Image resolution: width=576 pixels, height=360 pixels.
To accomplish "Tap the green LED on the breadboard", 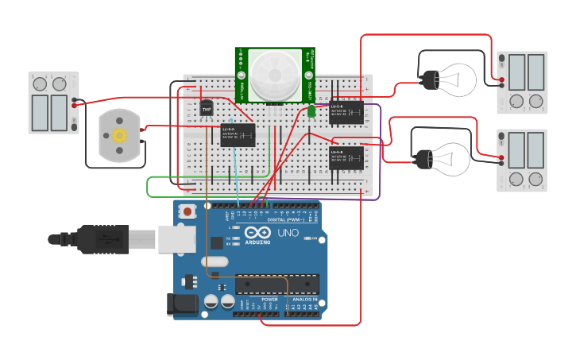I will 311,112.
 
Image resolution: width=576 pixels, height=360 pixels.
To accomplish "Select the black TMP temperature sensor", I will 207,107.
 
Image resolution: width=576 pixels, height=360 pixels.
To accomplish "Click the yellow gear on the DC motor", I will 120,134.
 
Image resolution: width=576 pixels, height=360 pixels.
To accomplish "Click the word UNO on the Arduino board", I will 288,233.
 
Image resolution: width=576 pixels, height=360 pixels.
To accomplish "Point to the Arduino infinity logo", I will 252,231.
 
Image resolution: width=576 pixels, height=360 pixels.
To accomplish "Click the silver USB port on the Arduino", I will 176,238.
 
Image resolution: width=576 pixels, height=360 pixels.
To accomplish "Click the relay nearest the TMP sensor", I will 238,134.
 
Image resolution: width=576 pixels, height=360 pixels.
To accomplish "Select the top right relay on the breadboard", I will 348,112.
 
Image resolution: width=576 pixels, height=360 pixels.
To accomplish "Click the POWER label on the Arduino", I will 259,300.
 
